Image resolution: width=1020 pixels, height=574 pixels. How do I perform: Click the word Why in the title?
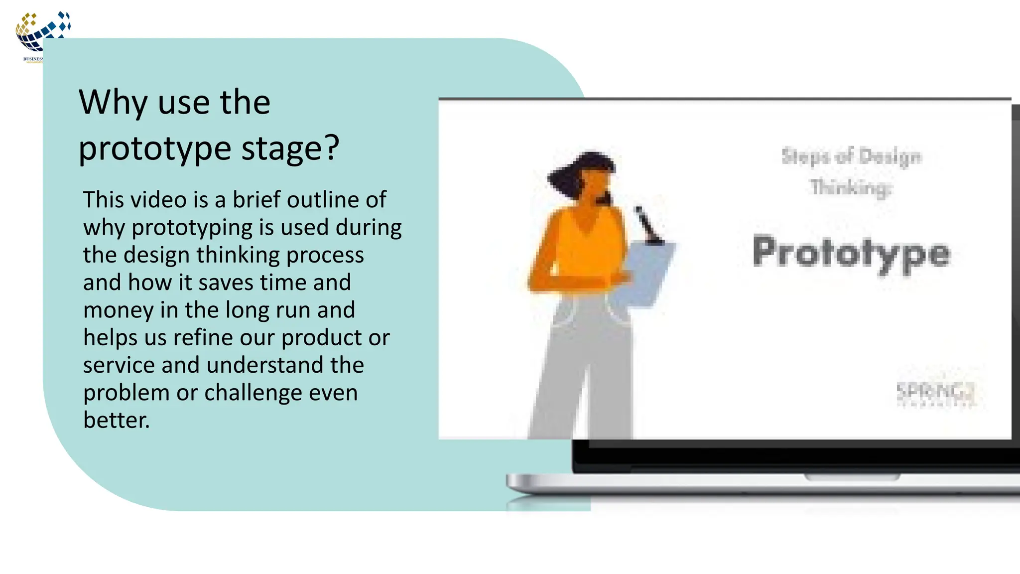(113, 103)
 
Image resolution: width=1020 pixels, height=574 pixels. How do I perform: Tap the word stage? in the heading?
(290, 148)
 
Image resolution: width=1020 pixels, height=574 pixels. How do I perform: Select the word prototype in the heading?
(155, 149)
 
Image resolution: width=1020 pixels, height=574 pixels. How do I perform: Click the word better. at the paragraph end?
(116, 420)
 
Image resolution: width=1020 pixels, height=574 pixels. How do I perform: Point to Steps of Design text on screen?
(851, 156)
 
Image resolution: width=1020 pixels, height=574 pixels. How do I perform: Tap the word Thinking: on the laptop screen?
(851, 188)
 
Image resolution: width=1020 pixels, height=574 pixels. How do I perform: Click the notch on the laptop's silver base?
(852, 478)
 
